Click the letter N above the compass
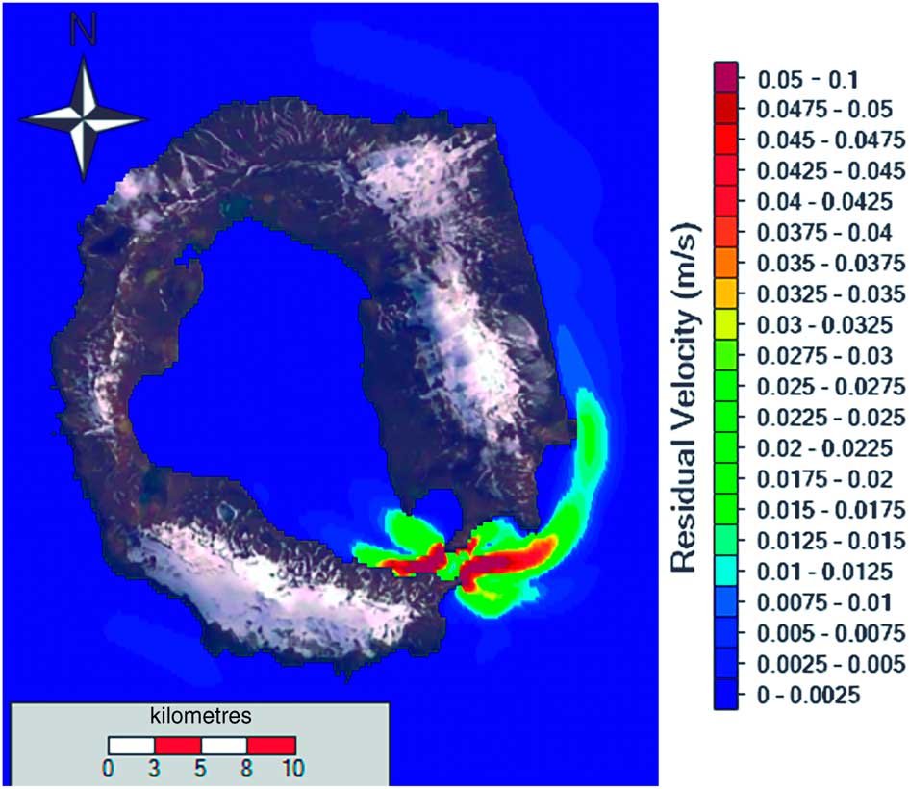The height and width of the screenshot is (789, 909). tap(85, 34)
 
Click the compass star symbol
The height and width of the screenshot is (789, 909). tap(85, 117)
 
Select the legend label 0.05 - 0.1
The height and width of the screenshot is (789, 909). tap(797, 78)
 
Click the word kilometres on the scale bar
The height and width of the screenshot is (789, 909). tap(201, 717)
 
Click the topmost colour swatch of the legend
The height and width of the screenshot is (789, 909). tap(725, 76)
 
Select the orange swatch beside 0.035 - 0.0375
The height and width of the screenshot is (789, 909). tap(725, 261)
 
